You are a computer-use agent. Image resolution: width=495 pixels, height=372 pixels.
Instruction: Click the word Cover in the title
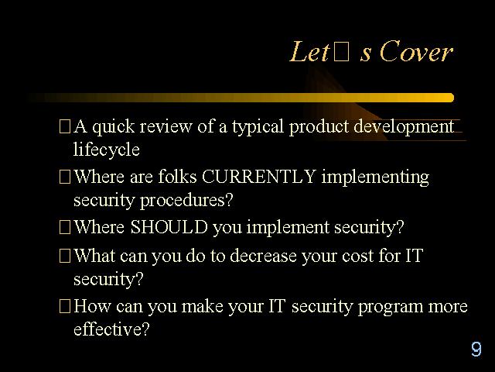[416, 51]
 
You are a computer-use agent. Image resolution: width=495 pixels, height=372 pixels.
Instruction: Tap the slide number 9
[476, 349]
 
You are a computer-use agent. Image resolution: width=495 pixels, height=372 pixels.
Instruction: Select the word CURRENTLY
[258, 176]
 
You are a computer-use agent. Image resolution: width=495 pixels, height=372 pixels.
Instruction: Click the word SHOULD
[169, 227]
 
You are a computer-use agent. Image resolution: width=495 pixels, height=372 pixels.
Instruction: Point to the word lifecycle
[107, 150]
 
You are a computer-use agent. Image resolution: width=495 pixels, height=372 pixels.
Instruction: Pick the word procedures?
[186, 201]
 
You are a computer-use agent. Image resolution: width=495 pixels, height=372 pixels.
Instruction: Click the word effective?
[111, 329]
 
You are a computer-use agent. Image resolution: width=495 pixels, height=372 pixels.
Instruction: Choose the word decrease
[263, 255]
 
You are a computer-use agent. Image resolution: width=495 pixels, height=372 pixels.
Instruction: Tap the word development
[404, 127]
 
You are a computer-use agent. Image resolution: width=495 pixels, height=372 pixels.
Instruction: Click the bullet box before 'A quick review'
[65, 126]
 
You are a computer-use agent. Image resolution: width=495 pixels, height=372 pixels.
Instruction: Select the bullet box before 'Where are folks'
[65, 177]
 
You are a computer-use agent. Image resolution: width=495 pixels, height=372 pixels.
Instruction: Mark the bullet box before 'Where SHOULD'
[65, 227]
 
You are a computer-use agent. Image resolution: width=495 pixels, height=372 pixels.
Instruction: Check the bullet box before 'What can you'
[65, 256]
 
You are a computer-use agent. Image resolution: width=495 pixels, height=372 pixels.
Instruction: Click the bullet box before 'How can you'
[65, 306]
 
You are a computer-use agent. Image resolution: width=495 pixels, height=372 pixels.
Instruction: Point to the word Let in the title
[309, 51]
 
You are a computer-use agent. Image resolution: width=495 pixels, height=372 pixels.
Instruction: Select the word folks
[177, 176]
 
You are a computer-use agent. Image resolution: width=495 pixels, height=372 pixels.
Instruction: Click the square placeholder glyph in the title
[342, 52]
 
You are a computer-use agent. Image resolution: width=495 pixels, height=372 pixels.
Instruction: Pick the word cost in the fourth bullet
[357, 256]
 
